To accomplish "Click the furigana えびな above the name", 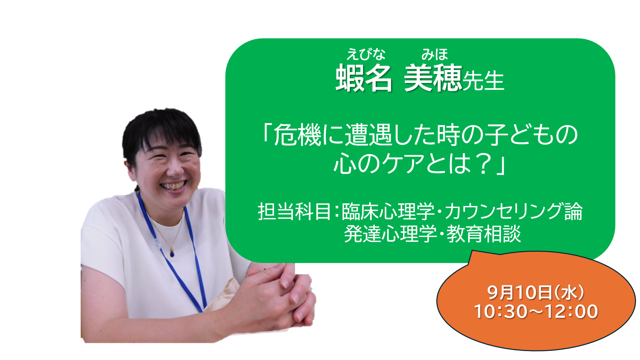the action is [366, 54].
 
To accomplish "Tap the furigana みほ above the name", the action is [435, 54].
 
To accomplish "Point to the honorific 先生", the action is [483, 81].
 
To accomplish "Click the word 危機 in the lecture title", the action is [298, 135].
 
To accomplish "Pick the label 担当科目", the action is [294, 212].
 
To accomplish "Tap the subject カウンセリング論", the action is [514, 212].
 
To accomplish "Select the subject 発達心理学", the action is [390, 234].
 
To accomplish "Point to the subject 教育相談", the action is [484, 234].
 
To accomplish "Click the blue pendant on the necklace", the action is [172, 254].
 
